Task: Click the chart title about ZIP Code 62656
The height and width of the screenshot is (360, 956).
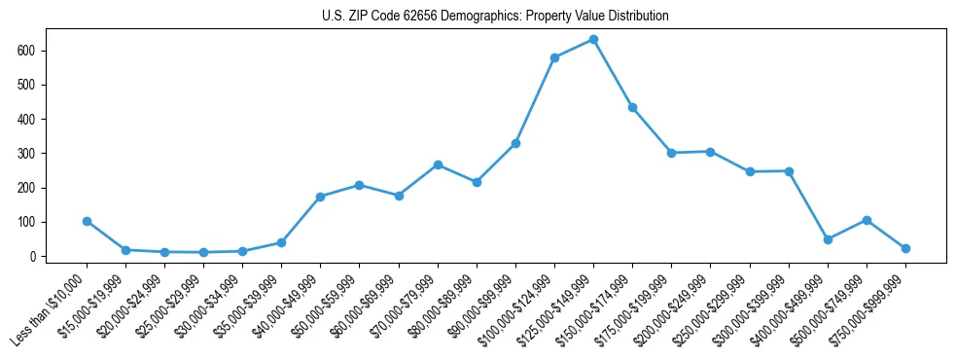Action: pos(495,17)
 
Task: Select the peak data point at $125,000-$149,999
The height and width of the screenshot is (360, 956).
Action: pos(593,39)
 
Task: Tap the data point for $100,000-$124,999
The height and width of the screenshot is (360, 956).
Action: pos(554,57)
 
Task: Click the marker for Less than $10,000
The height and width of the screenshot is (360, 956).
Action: pos(87,221)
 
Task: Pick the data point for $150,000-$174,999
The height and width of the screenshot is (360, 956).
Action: pos(632,107)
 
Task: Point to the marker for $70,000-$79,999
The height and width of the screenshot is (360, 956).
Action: pos(438,164)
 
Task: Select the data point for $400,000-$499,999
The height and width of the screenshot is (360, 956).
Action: pos(828,239)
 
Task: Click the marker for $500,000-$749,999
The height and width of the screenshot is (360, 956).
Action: pos(867,220)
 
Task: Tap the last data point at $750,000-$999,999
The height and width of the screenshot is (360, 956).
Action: pos(905,248)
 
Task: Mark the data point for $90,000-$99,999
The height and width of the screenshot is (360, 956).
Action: pos(515,143)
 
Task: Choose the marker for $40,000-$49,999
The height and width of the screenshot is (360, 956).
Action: pos(320,197)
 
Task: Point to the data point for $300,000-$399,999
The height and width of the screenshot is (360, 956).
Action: pos(789,171)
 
